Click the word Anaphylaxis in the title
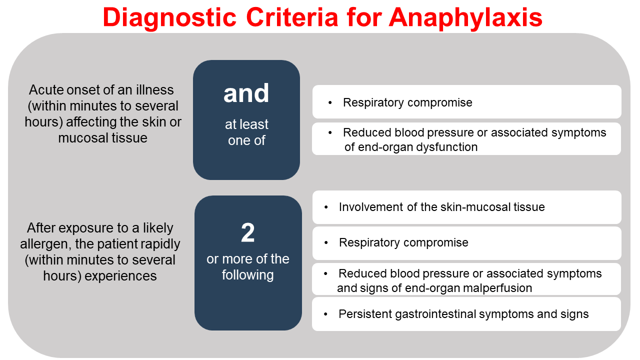(x=465, y=17)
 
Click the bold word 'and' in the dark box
(x=246, y=93)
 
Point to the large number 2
(x=248, y=233)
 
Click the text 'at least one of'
(x=246, y=132)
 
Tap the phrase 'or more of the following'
(x=248, y=267)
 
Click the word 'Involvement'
(x=370, y=207)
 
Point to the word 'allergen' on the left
(x=42, y=244)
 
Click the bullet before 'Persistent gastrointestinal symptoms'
(x=326, y=314)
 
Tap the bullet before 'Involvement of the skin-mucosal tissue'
(x=326, y=207)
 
